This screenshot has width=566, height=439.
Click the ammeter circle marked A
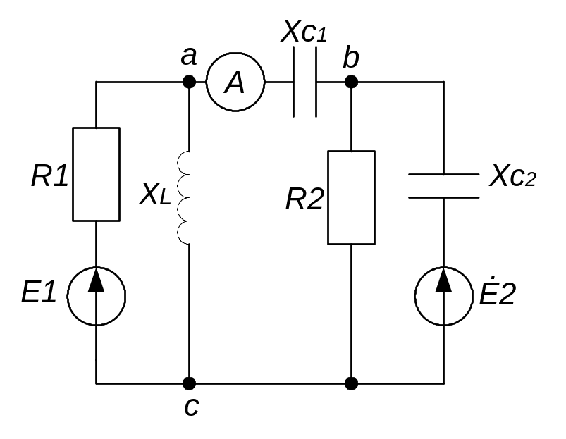point(235,82)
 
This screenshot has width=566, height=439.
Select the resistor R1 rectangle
point(97,174)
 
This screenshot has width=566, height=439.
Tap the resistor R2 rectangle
point(351,197)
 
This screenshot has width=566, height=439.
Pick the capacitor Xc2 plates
point(444,185)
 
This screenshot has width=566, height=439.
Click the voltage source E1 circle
point(97,296)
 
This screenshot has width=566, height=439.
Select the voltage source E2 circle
point(444,296)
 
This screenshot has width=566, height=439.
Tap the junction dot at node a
point(189,82)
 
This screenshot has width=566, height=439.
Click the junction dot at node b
point(351,82)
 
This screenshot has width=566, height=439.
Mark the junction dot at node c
point(189,383)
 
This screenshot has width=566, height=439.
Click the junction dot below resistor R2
point(351,383)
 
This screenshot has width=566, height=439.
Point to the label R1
point(49,177)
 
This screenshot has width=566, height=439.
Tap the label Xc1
point(304,32)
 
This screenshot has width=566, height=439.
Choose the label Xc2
point(512,175)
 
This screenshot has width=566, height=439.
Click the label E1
point(39,292)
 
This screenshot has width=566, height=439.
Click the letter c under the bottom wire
point(190,407)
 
